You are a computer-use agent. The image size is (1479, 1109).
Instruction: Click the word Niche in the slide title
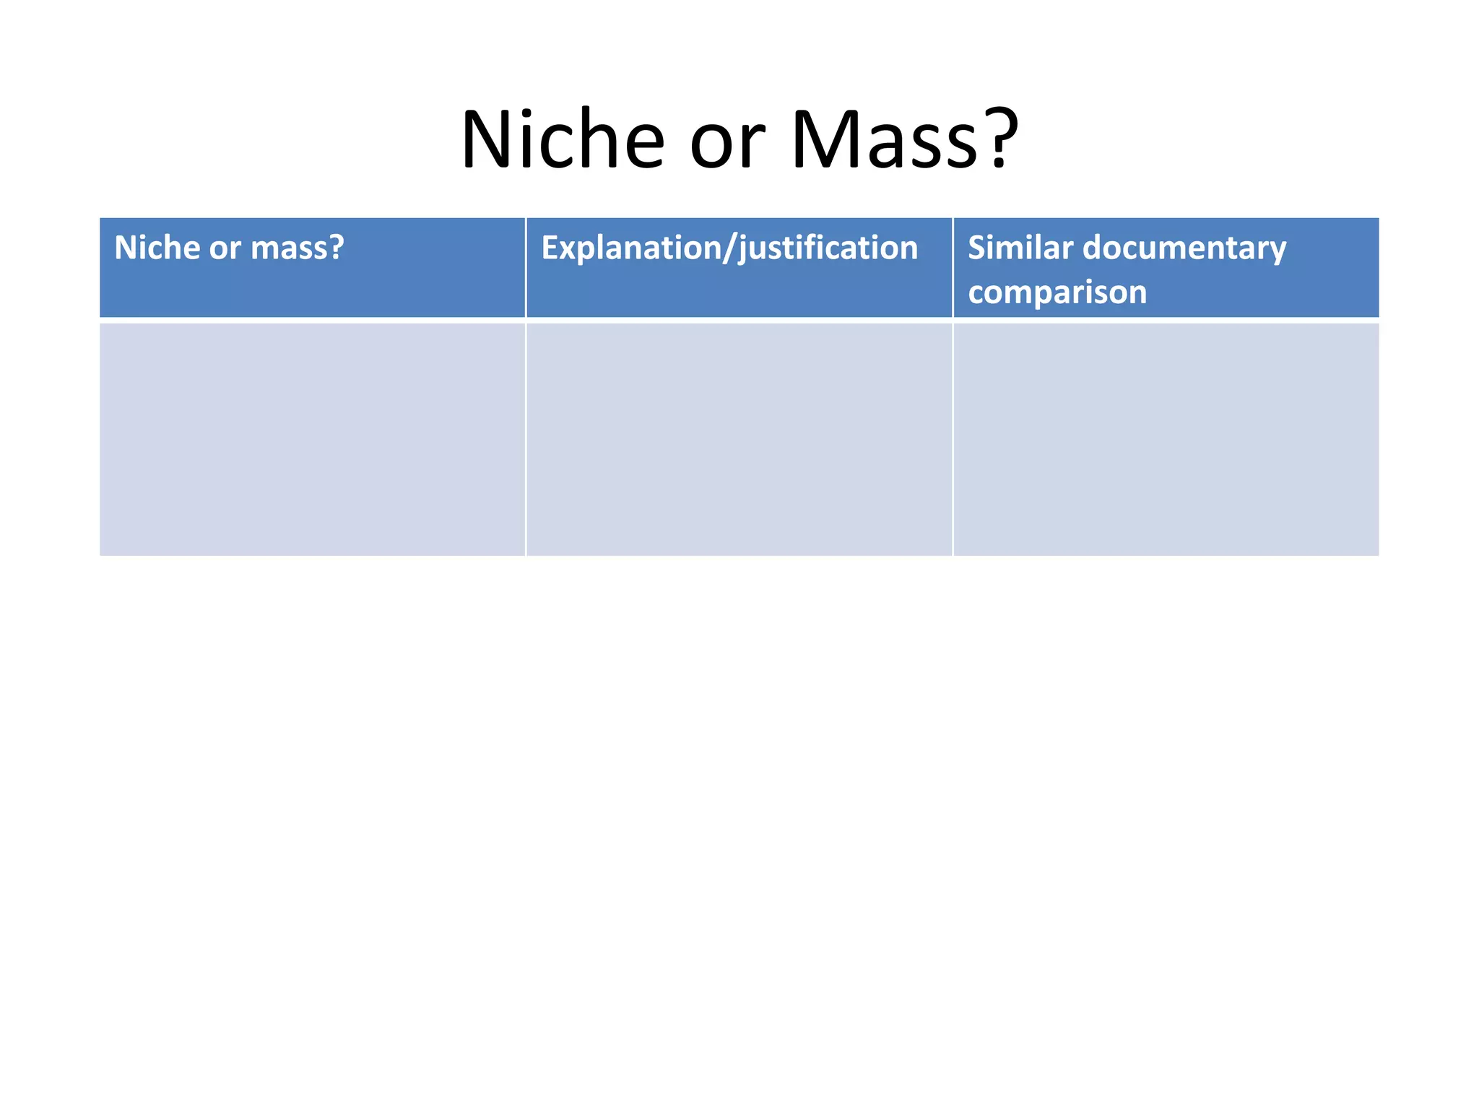pos(562,139)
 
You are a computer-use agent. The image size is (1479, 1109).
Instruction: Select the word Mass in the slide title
pos(886,139)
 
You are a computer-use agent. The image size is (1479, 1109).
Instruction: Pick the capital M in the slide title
pos(824,139)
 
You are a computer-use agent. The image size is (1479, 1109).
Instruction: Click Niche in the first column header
pos(156,248)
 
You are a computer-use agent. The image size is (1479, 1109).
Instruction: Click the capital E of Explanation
pos(550,248)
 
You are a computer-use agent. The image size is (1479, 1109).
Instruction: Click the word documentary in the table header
pos(1184,249)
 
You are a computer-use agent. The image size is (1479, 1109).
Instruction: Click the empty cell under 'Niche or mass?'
pos(312,439)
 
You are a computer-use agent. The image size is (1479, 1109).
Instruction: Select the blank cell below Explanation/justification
pos(739,439)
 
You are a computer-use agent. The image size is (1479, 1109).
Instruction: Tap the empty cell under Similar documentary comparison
pos(1166,439)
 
